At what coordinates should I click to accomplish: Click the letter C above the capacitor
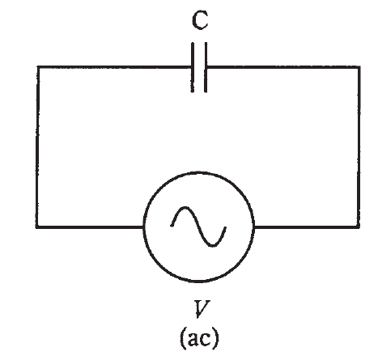(x=200, y=20)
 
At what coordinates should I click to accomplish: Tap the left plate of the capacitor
(x=193, y=67)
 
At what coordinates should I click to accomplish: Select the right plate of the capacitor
(x=206, y=67)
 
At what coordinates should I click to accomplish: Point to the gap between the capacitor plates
(x=199, y=67)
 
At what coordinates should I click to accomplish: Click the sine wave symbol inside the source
(x=198, y=227)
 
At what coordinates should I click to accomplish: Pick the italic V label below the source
(x=201, y=308)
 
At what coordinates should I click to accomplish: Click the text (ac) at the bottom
(x=199, y=337)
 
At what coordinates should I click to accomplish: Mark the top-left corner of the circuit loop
(x=37, y=67)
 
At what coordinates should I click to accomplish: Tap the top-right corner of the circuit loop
(x=359, y=67)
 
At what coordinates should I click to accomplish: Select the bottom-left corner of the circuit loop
(x=37, y=227)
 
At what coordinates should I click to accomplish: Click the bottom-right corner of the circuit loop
(x=359, y=227)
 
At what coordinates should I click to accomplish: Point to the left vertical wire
(x=37, y=147)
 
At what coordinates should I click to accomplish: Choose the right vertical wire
(x=359, y=147)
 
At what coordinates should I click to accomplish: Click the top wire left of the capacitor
(x=114, y=67)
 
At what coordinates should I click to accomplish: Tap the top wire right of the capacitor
(x=283, y=67)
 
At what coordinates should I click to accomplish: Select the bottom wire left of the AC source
(x=90, y=227)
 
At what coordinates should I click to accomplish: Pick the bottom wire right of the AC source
(x=307, y=227)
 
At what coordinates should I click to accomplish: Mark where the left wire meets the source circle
(x=144, y=227)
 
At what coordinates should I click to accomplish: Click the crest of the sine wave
(x=185, y=208)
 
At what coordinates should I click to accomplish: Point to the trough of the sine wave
(x=213, y=245)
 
